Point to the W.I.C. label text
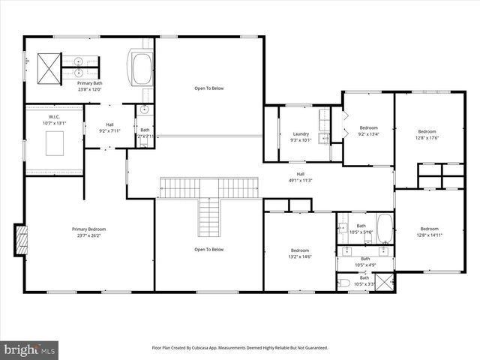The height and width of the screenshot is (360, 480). tap(54, 116)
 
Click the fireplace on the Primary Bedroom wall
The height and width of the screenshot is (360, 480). tap(22, 241)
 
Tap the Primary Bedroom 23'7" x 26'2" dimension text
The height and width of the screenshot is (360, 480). tap(88, 235)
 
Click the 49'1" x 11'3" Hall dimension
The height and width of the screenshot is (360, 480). tap(300, 180)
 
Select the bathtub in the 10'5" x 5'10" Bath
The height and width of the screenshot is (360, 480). tap(385, 229)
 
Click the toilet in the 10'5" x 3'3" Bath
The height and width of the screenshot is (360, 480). tap(343, 283)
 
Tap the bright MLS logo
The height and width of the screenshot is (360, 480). tap(30, 349)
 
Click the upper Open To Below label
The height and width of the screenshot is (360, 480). tap(209, 88)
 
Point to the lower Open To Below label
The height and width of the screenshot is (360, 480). tap(209, 250)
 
